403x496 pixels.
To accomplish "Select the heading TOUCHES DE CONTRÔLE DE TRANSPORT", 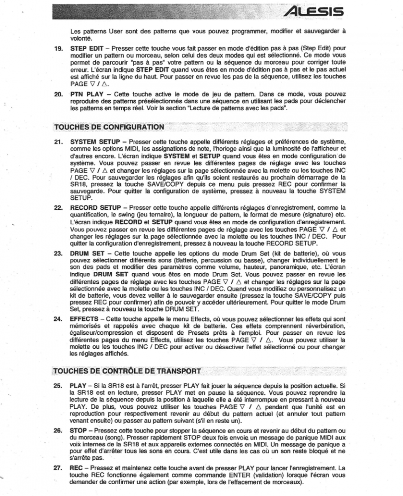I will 127,371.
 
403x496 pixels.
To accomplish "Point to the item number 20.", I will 58,94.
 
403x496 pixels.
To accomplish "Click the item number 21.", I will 58,142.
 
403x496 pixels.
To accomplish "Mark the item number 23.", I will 58,252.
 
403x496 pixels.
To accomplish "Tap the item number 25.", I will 58,385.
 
